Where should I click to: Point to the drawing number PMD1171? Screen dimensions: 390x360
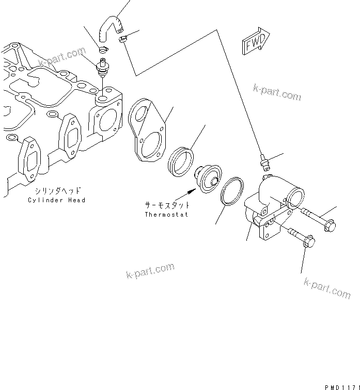click(341, 385)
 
